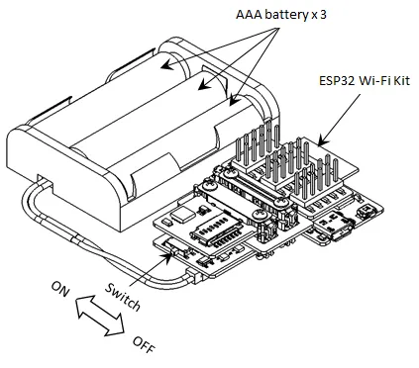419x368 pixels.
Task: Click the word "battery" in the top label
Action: click(286, 15)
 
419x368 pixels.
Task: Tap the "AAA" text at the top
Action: click(249, 15)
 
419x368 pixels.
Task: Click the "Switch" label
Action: click(122, 297)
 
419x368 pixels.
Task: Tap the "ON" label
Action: click(60, 288)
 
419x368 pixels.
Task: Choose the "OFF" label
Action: click(144, 344)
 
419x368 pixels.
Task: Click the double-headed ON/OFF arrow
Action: click(100, 316)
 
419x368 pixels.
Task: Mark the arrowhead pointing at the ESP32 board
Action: click(322, 141)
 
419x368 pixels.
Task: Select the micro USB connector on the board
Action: click(338, 228)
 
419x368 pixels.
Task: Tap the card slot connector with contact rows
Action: click(217, 232)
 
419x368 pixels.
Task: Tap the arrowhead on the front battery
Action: click(234, 101)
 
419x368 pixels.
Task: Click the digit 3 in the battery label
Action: click(323, 15)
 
